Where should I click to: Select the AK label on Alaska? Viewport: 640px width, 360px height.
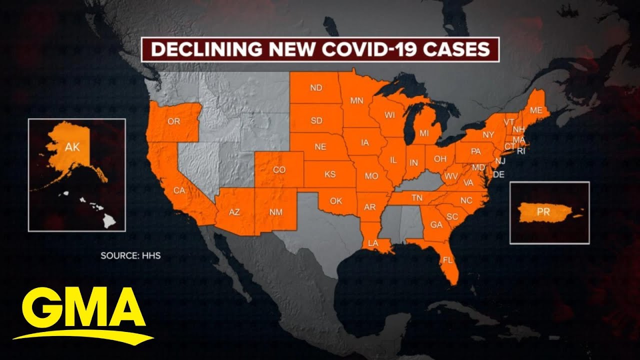pyautogui.click(x=72, y=146)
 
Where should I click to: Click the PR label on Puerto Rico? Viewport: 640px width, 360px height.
pyautogui.click(x=543, y=211)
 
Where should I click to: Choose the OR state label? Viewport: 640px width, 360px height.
pyautogui.click(x=173, y=121)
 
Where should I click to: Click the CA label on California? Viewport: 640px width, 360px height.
pyautogui.click(x=179, y=190)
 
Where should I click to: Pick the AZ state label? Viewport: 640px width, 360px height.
pyautogui.click(x=234, y=212)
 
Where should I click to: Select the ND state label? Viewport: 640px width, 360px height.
pyautogui.click(x=316, y=88)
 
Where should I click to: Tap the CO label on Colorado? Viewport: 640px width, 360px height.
pyautogui.click(x=279, y=170)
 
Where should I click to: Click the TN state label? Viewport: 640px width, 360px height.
pyautogui.click(x=416, y=198)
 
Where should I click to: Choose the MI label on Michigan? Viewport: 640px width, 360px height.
pyautogui.click(x=424, y=133)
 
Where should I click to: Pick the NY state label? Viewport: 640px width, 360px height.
pyautogui.click(x=488, y=135)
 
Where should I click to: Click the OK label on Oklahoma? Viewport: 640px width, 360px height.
pyautogui.click(x=336, y=201)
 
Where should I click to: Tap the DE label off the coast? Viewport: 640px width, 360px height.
pyautogui.click(x=498, y=174)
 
